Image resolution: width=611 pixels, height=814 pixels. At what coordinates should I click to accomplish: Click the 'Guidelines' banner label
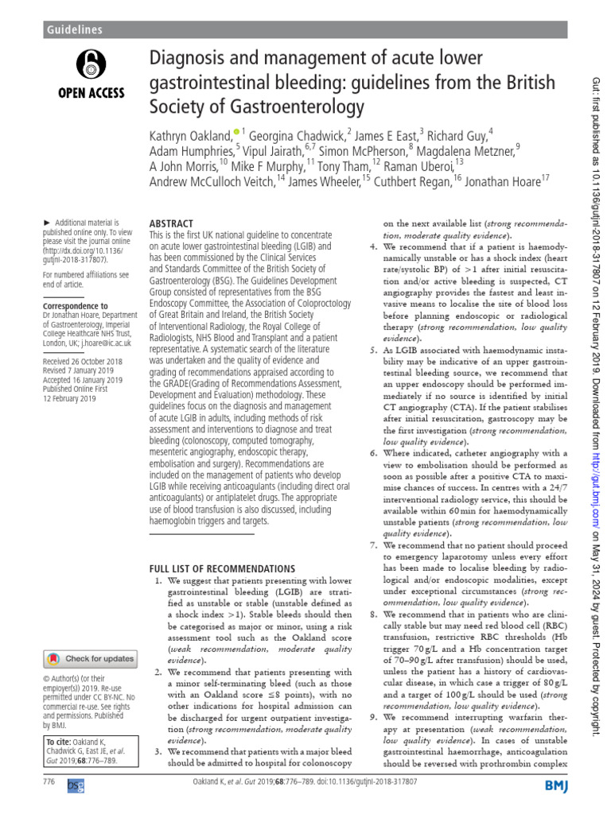pos(74,29)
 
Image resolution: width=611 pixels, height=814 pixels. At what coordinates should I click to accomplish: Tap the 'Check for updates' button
pos(89,658)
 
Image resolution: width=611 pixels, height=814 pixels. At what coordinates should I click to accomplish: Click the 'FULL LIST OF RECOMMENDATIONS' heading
pos(216,568)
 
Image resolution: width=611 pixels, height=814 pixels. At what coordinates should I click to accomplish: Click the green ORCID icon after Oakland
pos(236,130)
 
